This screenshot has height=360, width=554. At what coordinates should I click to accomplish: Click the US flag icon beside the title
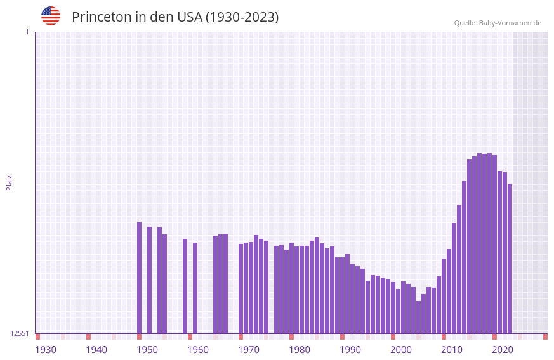(x=51, y=16)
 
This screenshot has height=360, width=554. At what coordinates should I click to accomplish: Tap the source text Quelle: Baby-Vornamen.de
(x=498, y=23)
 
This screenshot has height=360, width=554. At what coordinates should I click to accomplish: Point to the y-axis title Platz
(x=9, y=182)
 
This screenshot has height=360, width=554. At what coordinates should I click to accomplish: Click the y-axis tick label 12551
(x=20, y=333)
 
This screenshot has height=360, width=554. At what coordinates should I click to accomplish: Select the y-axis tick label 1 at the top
(x=27, y=32)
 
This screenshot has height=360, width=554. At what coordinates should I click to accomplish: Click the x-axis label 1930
(x=46, y=350)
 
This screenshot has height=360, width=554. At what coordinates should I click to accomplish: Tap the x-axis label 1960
(x=198, y=350)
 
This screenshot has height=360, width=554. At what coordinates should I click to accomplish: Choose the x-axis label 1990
(x=350, y=350)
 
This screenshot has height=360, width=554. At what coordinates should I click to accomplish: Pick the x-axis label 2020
(x=503, y=350)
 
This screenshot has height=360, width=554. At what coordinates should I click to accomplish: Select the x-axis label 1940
(x=96, y=350)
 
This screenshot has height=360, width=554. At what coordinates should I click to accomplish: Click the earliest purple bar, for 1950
(x=139, y=277)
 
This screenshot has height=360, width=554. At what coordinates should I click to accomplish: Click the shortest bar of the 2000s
(x=418, y=317)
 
